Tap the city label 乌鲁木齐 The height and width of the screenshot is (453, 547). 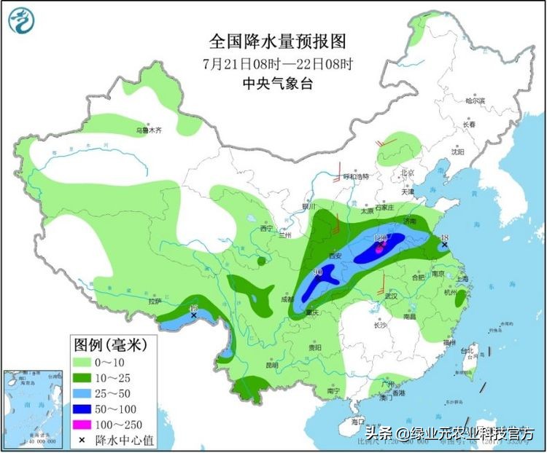(x=149, y=130)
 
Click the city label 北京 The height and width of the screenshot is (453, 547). (x=406, y=173)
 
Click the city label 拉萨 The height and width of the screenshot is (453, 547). (x=154, y=300)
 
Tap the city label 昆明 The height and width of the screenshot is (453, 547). (x=271, y=365)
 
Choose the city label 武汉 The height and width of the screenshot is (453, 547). (x=391, y=295)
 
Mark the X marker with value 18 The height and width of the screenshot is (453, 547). (x=444, y=245)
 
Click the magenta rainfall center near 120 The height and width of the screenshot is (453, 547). (x=379, y=248)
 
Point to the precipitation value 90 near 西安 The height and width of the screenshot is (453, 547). (x=318, y=272)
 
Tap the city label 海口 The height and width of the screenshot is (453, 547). (x=357, y=422)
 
